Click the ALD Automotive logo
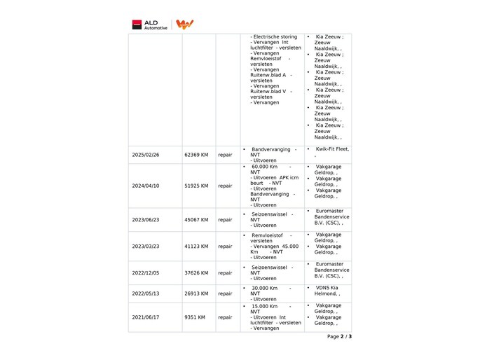click(151, 25)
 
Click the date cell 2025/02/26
click(146, 155)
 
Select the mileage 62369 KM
click(196, 155)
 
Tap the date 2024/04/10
click(146, 186)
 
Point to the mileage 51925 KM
click(196, 186)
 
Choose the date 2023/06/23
click(146, 220)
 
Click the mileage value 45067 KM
click(196, 220)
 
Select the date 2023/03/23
click(146, 247)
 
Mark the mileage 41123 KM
click(196, 247)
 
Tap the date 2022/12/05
click(146, 273)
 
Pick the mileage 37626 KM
click(196, 273)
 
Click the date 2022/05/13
click(146, 293)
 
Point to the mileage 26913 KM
click(196, 293)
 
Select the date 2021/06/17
click(146, 317)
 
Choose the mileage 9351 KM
click(195, 317)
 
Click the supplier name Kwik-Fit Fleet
click(332, 149)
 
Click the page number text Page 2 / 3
click(339, 337)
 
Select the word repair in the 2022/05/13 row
click(225, 293)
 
